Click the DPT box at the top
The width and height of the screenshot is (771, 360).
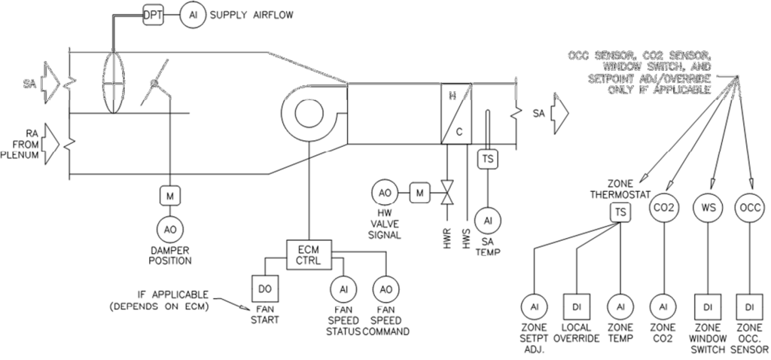click(x=153, y=14)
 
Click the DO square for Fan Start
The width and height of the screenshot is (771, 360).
click(x=263, y=288)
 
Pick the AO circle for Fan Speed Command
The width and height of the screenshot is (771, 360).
click(x=386, y=289)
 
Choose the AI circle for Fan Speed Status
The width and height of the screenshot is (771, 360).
click(x=343, y=289)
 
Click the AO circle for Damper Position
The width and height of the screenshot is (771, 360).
click(x=169, y=230)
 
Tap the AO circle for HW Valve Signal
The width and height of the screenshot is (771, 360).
click(x=384, y=194)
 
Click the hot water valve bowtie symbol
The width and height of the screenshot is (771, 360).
click(x=446, y=194)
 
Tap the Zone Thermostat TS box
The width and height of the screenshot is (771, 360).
click(x=620, y=213)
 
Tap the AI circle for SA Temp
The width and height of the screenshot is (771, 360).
click(x=488, y=219)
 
